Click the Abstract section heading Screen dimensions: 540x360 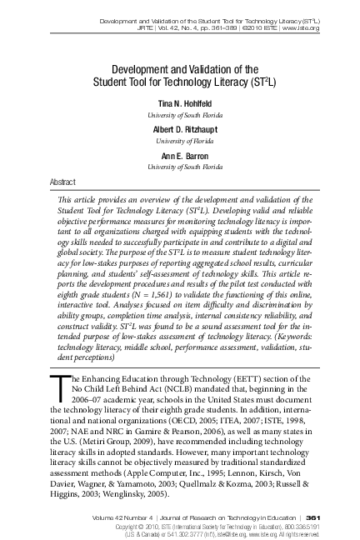pos(63,180)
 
